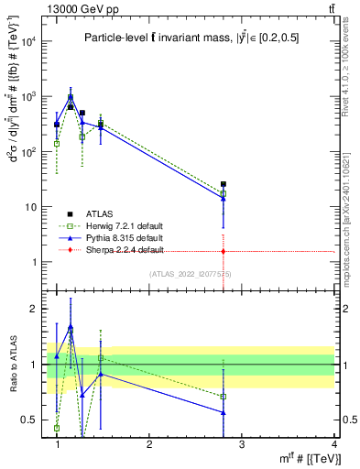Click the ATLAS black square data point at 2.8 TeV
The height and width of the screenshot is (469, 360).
click(x=224, y=184)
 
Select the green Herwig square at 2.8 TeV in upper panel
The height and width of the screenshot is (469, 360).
click(x=224, y=193)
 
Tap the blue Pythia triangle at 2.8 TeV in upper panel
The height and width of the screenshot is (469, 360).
click(x=224, y=198)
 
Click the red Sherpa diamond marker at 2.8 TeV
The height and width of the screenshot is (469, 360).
click(x=224, y=250)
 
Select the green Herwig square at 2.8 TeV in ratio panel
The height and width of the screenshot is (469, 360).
click(x=224, y=396)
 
